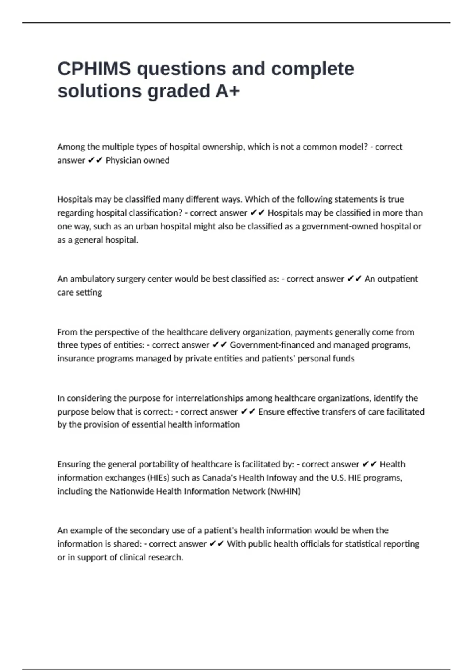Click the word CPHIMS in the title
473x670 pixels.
click(x=94, y=69)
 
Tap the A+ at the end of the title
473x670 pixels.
click(x=227, y=91)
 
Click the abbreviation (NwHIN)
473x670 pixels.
click(x=284, y=491)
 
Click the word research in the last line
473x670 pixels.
click(x=168, y=558)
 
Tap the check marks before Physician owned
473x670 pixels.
click(x=95, y=160)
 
